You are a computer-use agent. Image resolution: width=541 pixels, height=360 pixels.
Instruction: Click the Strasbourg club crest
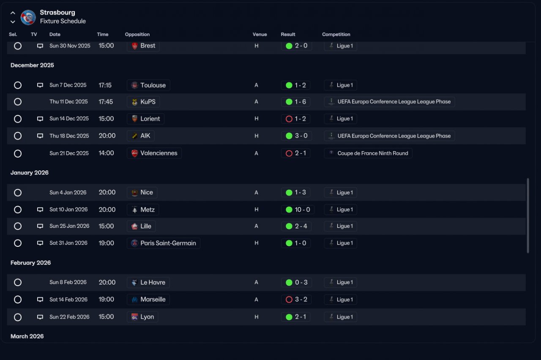pyautogui.click(x=28, y=17)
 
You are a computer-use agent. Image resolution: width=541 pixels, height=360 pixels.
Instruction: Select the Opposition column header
pyautogui.click(x=137, y=34)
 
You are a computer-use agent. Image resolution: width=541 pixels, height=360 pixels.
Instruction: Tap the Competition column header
pyautogui.click(x=336, y=34)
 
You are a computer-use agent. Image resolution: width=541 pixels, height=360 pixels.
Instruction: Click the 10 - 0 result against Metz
pyautogui.click(x=302, y=210)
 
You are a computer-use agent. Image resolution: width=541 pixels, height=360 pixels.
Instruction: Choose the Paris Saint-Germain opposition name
pyautogui.click(x=168, y=243)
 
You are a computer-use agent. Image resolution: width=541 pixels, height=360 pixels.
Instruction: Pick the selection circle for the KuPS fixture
pyautogui.click(x=18, y=102)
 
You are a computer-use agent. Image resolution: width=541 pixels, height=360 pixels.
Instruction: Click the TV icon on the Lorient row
pyautogui.click(x=40, y=119)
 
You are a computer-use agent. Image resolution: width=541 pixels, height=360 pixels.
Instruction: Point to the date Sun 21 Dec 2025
pyautogui.click(x=69, y=153)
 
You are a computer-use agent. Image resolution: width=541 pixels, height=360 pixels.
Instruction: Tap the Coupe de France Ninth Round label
pyautogui.click(x=373, y=153)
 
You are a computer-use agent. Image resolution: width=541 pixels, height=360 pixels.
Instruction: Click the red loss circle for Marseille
pyautogui.click(x=289, y=300)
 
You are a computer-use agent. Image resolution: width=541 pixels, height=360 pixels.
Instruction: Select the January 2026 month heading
pyautogui.click(x=30, y=173)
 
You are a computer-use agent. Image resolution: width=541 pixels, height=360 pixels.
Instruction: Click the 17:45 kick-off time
pyautogui.click(x=106, y=102)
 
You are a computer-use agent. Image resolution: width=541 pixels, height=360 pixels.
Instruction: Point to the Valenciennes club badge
pyautogui.click(x=134, y=153)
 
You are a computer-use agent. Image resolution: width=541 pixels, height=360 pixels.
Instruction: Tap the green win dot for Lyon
pyautogui.click(x=289, y=317)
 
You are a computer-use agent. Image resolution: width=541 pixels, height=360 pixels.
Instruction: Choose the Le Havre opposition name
pyautogui.click(x=153, y=282)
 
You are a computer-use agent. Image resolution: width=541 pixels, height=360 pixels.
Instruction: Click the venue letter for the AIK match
pyautogui.click(x=256, y=136)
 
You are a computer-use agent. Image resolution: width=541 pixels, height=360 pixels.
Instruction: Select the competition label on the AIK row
pyautogui.click(x=394, y=136)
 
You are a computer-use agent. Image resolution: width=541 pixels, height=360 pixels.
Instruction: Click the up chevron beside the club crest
pyautogui.click(x=13, y=13)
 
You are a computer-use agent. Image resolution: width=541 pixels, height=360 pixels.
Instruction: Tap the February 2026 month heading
pyautogui.click(x=31, y=263)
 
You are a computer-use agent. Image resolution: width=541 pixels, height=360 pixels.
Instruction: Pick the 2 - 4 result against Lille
pyautogui.click(x=301, y=226)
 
